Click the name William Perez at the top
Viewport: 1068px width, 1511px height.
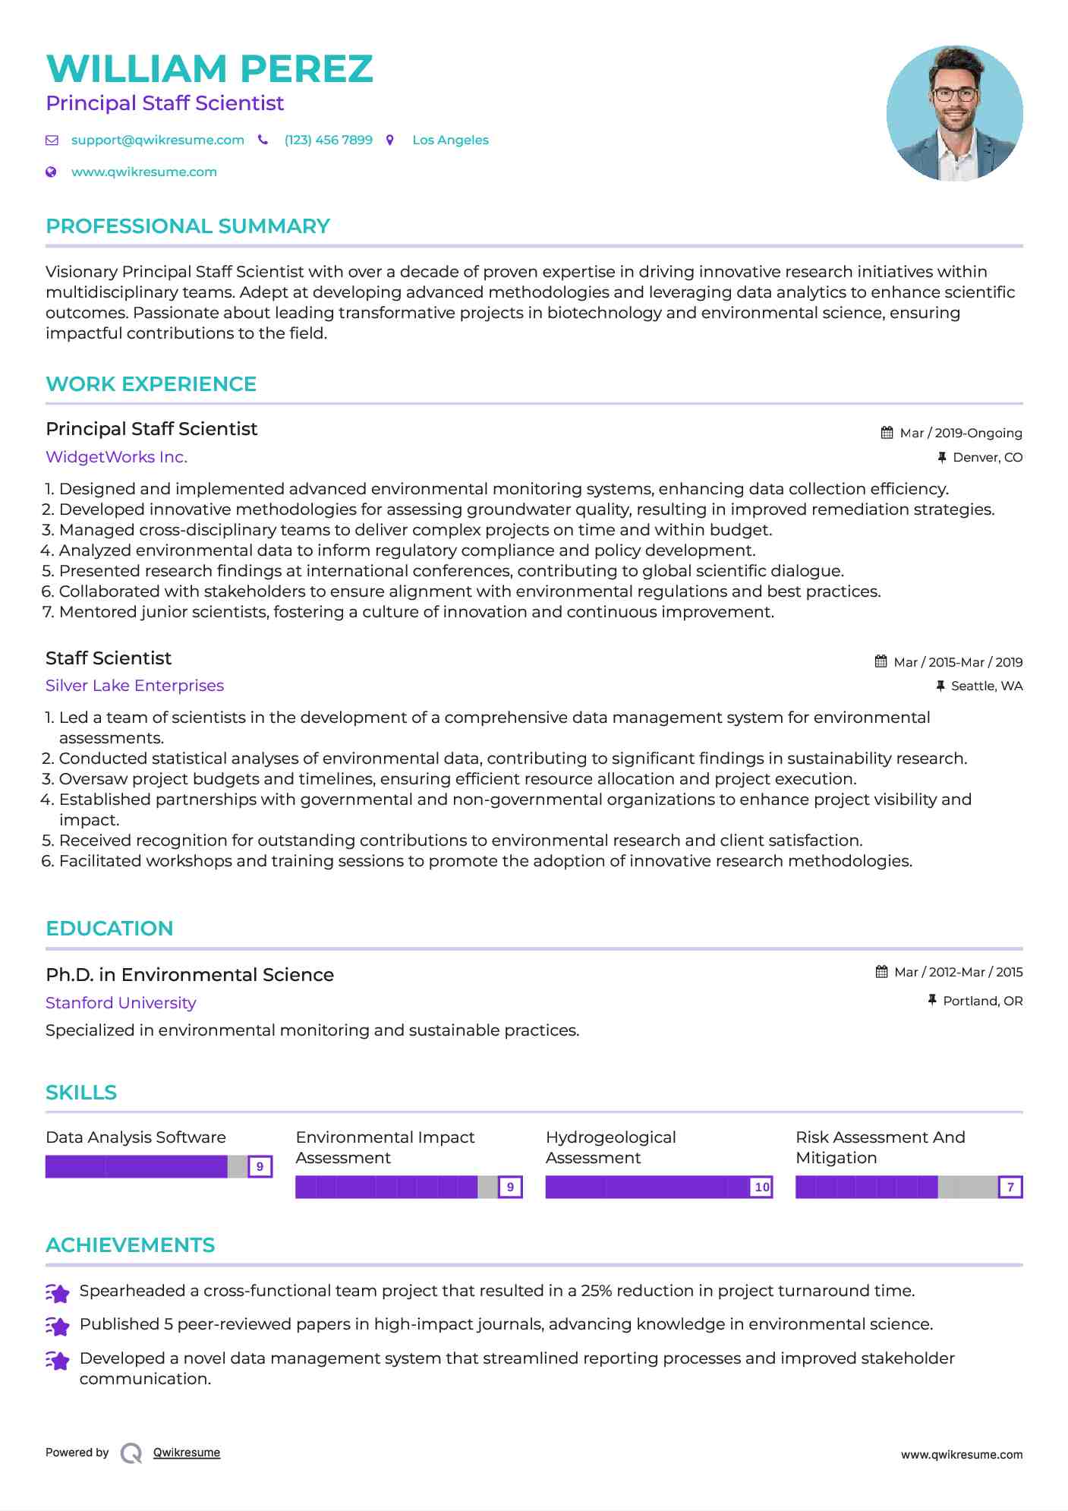210,69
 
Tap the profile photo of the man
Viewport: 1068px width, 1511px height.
954,113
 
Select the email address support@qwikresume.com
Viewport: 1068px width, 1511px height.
157,140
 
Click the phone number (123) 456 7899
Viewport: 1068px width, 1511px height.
328,140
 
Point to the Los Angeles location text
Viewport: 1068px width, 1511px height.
450,140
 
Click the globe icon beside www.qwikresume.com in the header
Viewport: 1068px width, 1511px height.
52,172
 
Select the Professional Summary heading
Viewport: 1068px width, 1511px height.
187,226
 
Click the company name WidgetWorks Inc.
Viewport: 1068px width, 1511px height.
116,457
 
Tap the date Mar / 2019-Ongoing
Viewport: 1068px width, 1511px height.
960,434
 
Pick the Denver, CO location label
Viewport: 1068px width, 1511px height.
987,458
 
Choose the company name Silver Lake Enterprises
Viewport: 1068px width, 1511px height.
134,686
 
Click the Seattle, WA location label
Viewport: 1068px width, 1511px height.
986,686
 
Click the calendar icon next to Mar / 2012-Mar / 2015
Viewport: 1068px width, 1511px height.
881,972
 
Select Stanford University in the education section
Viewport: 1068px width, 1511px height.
121,1003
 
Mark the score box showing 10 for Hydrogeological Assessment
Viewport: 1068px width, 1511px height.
761,1187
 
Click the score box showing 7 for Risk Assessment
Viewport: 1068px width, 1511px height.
1010,1187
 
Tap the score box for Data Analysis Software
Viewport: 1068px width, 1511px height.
260,1166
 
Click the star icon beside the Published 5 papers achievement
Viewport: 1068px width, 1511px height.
58,1326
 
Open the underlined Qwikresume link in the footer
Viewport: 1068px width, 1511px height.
187,1453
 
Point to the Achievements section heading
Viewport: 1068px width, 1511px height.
130,1245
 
